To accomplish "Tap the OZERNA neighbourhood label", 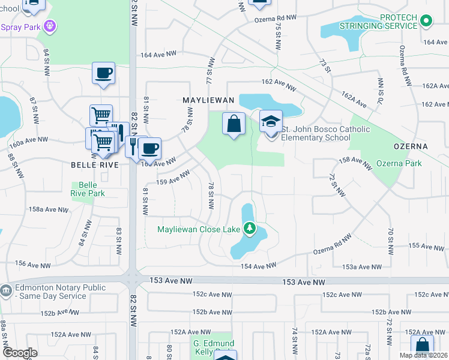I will tap(411, 146).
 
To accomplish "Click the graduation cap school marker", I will tap(271, 121).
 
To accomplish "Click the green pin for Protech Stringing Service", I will tap(426, 22).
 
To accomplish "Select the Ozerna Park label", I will tap(399, 163).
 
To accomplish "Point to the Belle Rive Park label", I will tap(88, 189).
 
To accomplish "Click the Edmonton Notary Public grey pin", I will tap(5, 291).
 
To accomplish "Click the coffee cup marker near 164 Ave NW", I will tap(103, 73).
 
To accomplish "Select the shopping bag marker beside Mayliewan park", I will tap(234, 124).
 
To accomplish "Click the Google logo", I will tap(20, 353).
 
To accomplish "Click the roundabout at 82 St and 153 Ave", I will tap(133, 280).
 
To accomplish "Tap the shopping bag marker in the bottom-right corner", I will tap(422, 346).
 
